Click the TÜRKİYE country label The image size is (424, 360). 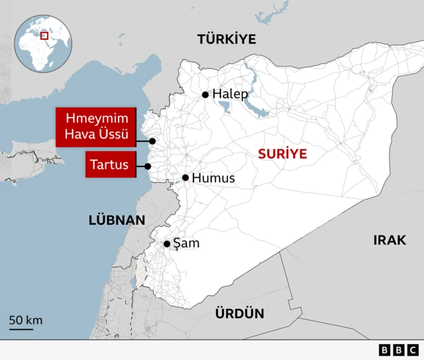click(x=226, y=40)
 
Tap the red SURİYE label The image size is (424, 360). click(x=282, y=154)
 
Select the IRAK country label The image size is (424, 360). click(x=389, y=240)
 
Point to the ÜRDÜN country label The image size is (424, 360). click(x=239, y=314)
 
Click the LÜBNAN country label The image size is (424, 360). click(x=117, y=220)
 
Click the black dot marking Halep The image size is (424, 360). click(x=205, y=95)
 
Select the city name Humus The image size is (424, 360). click(x=213, y=178)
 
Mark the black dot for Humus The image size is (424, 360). click(x=185, y=178)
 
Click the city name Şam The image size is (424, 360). click(x=186, y=244)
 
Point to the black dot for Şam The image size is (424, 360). click(x=167, y=244)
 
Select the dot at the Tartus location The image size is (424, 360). click(x=148, y=166)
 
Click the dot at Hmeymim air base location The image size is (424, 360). click(x=152, y=141)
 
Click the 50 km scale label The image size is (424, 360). click(x=26, y=320)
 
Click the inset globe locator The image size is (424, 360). click(x=45, y=44)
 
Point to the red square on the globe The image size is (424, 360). click(x=44, y=35)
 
